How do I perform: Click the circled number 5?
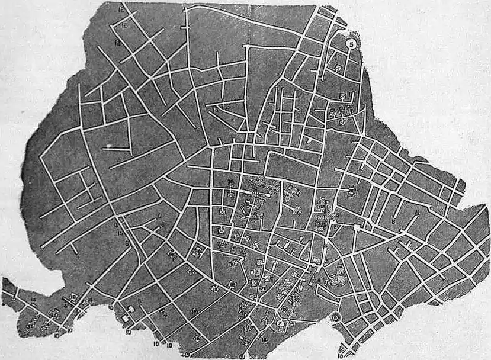[x=350, y=43]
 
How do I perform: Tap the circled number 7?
[x=279, y=323]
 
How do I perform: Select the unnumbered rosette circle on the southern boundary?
[x=335, y=317]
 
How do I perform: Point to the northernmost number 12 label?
[x=121, y=10]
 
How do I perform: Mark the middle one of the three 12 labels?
[x=124, y=25]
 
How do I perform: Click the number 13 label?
[x=217, y=108]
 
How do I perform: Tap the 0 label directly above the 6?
[x=160, y=215]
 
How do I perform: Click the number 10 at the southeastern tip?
[x=340, y=356]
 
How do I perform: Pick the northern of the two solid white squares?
[x=130, y=308]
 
